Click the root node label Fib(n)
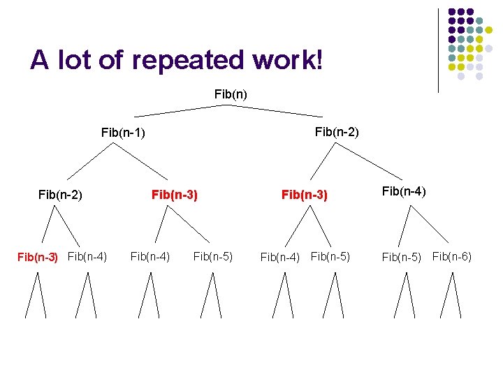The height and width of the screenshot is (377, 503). click(231, 94)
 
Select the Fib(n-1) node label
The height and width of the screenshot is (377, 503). click(123, 132)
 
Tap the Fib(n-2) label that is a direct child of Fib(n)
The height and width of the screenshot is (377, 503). click(337, 131)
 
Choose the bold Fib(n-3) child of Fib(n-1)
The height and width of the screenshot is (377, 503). click(175, 195)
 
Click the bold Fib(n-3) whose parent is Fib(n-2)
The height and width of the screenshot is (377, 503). click(304, 195)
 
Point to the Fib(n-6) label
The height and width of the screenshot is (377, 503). click(452, 256)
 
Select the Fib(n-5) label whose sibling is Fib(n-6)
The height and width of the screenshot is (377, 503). click(402, 257)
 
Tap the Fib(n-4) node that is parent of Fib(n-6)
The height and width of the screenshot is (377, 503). click(404, 191)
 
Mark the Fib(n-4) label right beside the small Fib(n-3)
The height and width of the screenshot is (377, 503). click(87, 256)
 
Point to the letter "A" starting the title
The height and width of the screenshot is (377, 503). click(40, 61)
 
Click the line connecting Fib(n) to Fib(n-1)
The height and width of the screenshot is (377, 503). click(182, 110)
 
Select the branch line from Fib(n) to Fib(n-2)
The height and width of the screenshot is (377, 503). click(277, 110)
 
